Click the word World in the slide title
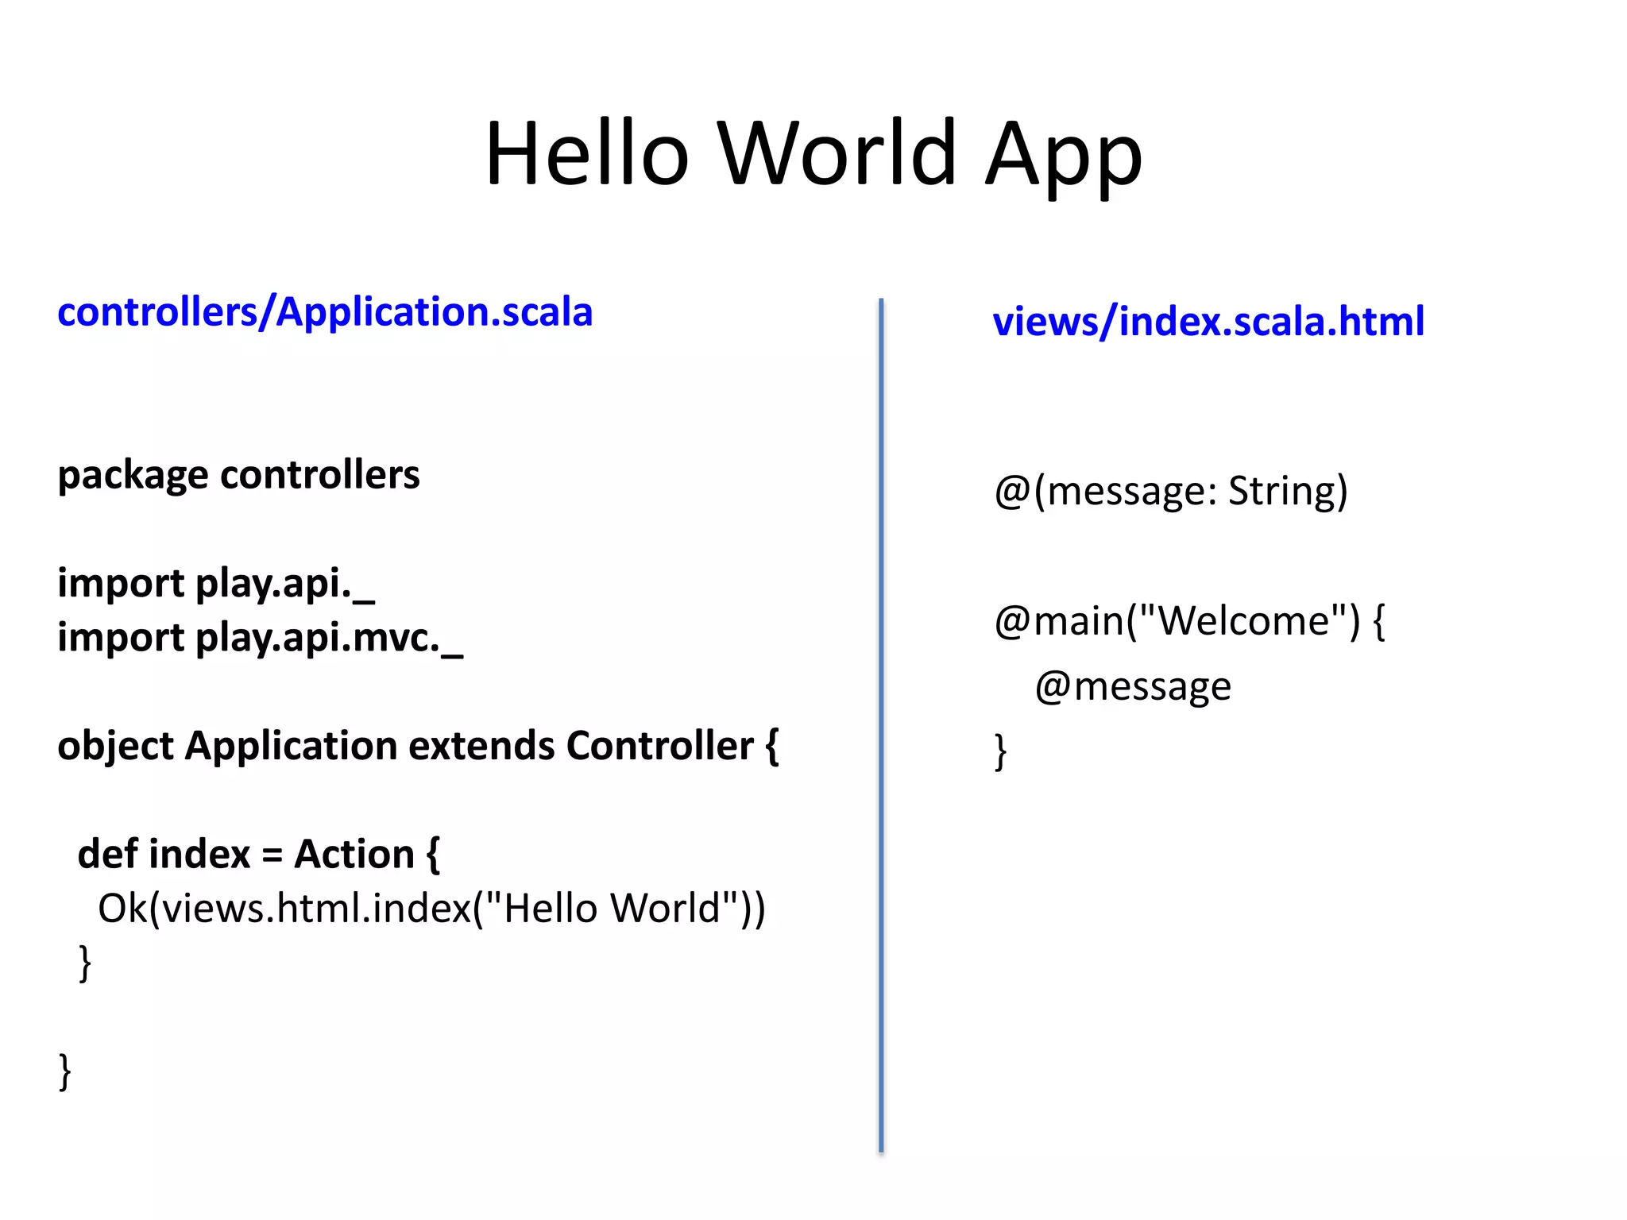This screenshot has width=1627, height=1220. click(x=837, y=153)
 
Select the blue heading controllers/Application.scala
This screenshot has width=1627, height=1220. click(x=325, y=311)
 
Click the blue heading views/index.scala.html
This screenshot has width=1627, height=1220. click(x=1208, y=321)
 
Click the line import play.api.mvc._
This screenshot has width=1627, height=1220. click(x=260, y=638)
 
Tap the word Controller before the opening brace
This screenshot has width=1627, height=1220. click(x=659, y=746)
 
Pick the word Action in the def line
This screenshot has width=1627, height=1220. click(x=354, y=854)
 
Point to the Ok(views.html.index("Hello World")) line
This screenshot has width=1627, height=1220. click(x=431, y=908)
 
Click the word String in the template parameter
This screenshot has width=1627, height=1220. click(x=1287, y=491)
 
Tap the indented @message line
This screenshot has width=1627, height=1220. click(x=1132, y=686)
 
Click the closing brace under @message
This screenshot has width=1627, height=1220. click(x=1000, y=751)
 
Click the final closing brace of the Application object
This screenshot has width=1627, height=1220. click(x=65, y=1071)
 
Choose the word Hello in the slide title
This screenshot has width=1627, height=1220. click(x=586, y=153)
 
